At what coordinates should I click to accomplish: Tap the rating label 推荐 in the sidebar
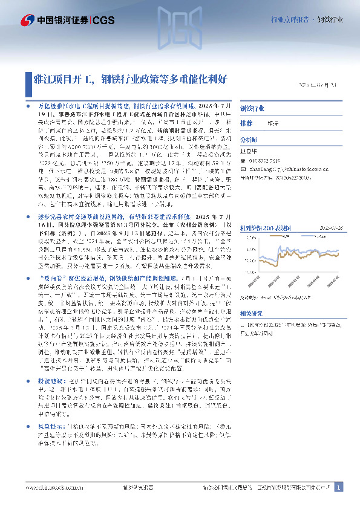[x=246, y=123]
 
